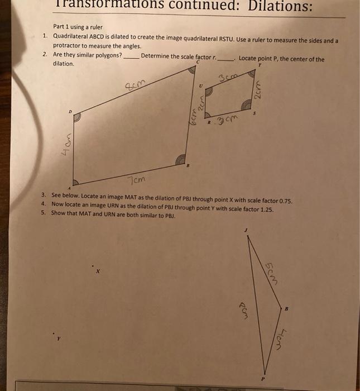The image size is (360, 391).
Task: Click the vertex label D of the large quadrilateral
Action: click(70, 112)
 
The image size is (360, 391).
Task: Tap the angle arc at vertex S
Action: click(246, 106)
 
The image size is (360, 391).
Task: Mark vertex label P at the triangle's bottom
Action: click(265, 379)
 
